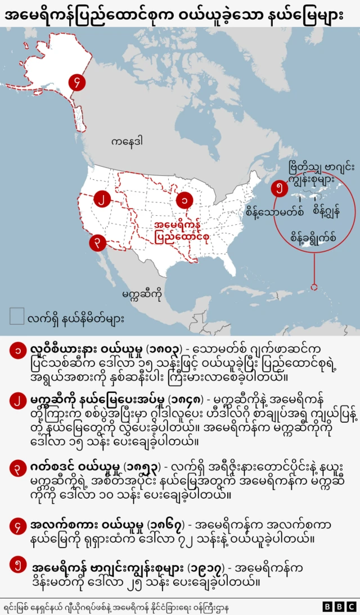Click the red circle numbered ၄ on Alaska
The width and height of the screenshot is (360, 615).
coord(76,83)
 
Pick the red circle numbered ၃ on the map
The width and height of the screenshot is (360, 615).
coord(97,243)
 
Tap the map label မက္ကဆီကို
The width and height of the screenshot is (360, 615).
coord(142,293)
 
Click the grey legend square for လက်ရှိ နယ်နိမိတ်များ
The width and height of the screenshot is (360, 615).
coord(17,316)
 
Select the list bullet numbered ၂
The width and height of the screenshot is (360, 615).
coord(17,401)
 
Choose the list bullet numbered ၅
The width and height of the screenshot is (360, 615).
coord(17,565)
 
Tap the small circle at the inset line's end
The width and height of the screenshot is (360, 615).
coord(314,286)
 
